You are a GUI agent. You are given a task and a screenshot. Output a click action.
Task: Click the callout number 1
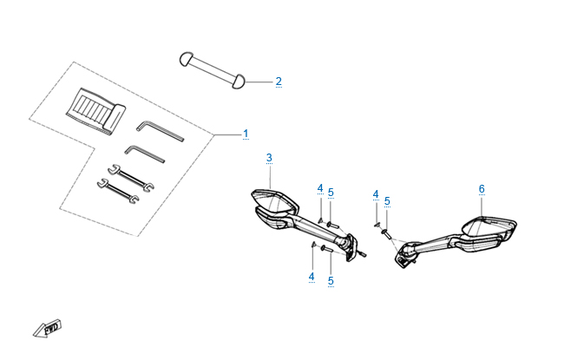pyautogui.click(x=246, y=134)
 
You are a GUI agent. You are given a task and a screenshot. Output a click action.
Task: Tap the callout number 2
pyautogui.click(x=279, y=82)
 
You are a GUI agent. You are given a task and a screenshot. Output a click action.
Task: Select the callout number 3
pyautogui.click(x=269, y=158)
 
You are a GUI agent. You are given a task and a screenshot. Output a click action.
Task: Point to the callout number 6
pyautogui.click(x=482, y=189)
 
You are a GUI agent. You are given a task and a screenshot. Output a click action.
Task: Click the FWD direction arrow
pyautogui.click(x=48, y=328)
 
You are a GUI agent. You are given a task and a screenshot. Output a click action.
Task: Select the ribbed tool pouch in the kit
pyautogui.click(x=95, y=112)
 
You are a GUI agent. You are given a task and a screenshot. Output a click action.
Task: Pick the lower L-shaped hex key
pyautogui.click(x=145, y=154)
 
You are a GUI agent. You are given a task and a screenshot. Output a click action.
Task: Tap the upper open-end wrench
pyautogui.click(x=131, y=177)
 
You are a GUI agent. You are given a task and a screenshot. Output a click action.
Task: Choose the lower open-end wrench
pyautogui.click(x=118, y=191)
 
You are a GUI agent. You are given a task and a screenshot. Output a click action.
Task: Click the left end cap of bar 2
pyautogui.click(x=186, y=59)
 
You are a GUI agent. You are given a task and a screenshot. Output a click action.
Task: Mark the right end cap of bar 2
pyautogui.click(x=238, y=82)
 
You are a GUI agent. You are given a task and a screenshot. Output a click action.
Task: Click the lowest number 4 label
pyautogui.click(x=312, y=277)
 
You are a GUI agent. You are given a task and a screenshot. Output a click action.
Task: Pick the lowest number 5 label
pyautogui.click(x=331, y=281)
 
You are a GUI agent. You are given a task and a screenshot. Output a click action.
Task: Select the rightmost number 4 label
pyautogui.click(x=376, y=194)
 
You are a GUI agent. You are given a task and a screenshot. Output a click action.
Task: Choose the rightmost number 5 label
pyautogui.click(x=387, y=201)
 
